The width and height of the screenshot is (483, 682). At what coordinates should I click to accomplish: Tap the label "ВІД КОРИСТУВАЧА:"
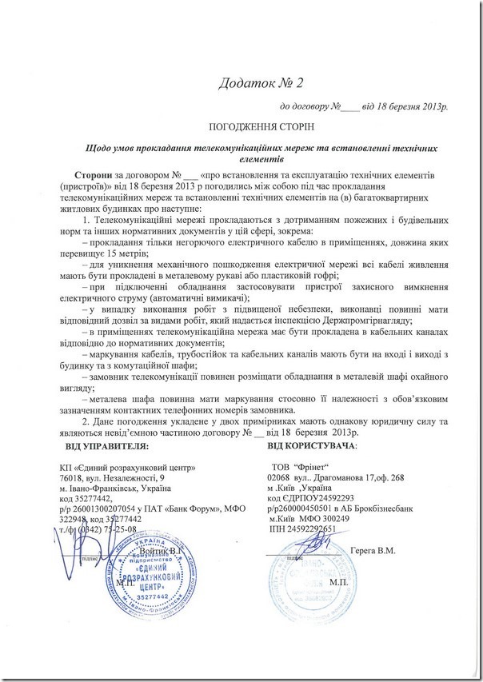coord(313,444)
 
